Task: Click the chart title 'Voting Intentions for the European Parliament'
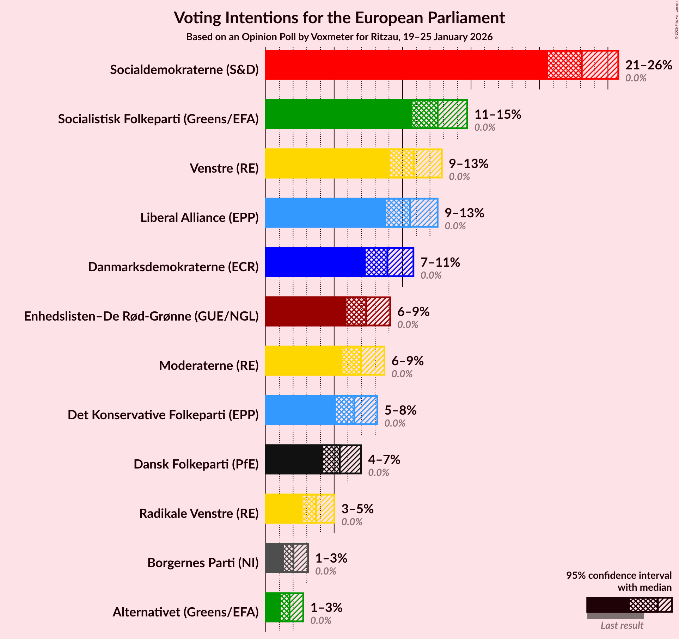[339, 18]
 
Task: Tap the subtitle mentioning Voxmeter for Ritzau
[339, 37]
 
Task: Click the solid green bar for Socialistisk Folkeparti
[338, 114]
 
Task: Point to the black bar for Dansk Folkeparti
[294, 459]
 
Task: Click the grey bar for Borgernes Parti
[274, 558]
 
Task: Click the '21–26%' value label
[648, 65]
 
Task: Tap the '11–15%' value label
[497, 114]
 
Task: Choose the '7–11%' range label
[440, 262]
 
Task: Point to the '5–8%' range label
[400, 410]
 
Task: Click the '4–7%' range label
[384, 460]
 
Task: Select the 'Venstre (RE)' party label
[224, 168]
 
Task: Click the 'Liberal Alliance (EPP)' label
[200, 218]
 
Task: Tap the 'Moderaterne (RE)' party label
[209, 366]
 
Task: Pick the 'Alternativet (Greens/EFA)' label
[185, 612]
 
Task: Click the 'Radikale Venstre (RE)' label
[199, 514]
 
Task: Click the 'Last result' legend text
[622, 625]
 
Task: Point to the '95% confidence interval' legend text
[619, 575]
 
